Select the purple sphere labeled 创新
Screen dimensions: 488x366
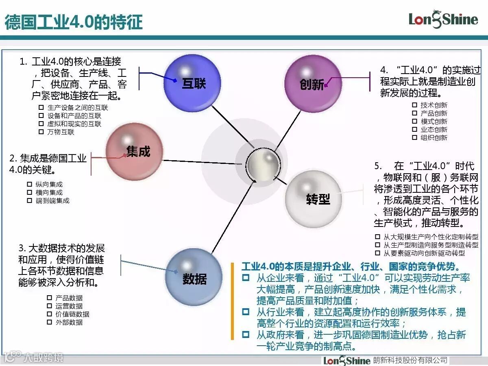pos(313,84)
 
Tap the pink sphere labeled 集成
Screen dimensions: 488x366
pos(135,152)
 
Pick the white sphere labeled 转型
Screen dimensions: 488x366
pos(313,199)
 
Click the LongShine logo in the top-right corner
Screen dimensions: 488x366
pos(443,19)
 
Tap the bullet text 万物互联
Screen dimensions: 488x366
pos(61,132)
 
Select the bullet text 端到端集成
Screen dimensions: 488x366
pos(52,200)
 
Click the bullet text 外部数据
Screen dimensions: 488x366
pos(69,322)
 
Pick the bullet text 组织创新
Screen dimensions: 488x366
pos(434,138)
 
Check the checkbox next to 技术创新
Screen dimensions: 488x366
pos(414,105)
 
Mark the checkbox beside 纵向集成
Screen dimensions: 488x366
pos(29,184)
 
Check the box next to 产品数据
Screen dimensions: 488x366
pos(49,298)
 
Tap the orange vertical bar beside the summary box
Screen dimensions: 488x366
pos(232,301)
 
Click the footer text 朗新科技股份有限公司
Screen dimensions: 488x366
pos(410,360)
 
